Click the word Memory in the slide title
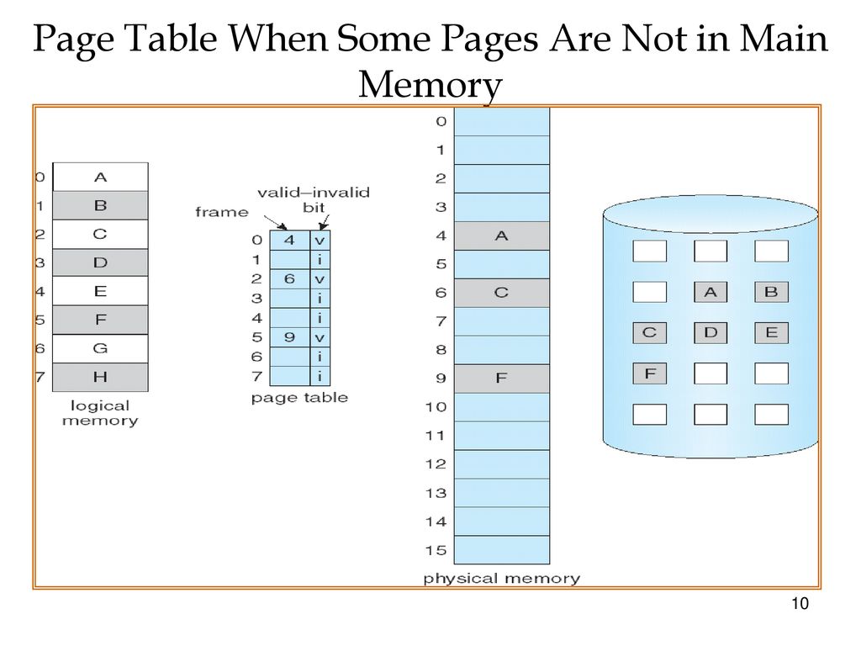click(430, 85)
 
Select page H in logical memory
click(100, 377)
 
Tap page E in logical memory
click(100, 291)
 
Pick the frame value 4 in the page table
click(288, 240)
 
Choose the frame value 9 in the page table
click(288, 337)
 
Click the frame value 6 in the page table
click(288, 278)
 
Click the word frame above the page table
click(222, 212)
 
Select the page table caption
click(299, 398)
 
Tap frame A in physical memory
click(502, 236)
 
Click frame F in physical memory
click(502, 379)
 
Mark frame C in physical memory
click(502, 293)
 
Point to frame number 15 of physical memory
click(436, 550)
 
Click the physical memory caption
click(501, 579)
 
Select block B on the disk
click(771, 292)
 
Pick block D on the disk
click(710, 333)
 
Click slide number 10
click(800, 606)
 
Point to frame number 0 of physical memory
click(441, 122)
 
